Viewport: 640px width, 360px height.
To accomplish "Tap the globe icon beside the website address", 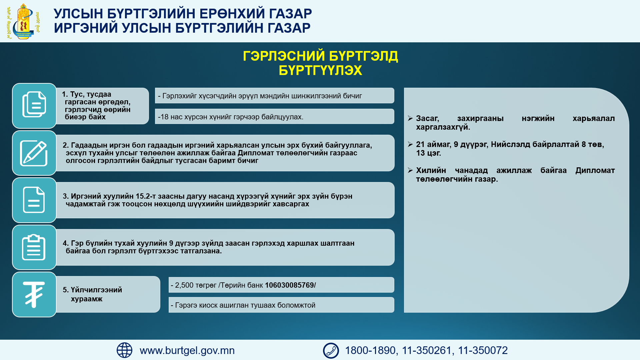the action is pyautogui.click(x=124, y=350).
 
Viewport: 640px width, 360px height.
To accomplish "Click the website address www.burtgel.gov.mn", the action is pyautogui.click(x=187, y=350).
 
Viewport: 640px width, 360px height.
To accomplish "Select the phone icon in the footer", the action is pyautogui.click(x=331, y=350).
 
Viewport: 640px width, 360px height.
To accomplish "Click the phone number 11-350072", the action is pyautogui.click(x=483, y=350).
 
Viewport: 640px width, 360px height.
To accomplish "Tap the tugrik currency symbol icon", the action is pyautogui.click(x=34, y=294).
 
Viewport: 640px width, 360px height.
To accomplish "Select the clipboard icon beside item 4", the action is pyautogui.click(x=34, y=247).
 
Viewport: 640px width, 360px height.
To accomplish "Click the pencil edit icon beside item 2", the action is pyautogui.click(x=34, y=153).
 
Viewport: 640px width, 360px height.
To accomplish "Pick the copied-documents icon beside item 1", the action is pyautogui.click(x=34, y=104).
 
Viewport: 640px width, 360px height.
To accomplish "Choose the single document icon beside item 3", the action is pyautogui.click(x=34, y=200).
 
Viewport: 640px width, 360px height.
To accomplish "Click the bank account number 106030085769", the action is pyautogui.click(x=289, y=285).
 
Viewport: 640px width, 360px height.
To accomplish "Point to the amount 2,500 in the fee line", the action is pyautogui.click(x=184, y=285).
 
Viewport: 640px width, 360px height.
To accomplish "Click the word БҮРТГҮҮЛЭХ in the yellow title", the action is pyautogui.click(x=320, y=70).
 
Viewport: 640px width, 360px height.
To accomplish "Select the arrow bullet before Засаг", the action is pyautogui.click(x=410, y=118).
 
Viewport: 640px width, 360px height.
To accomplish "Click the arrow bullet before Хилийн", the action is pyautogui.click(x=410, y=170).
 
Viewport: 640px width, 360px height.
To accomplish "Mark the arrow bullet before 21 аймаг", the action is pyautogui.click(x=410, y=144).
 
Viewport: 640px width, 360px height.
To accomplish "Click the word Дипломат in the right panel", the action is pyautogui.click(x=595, y=170).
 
